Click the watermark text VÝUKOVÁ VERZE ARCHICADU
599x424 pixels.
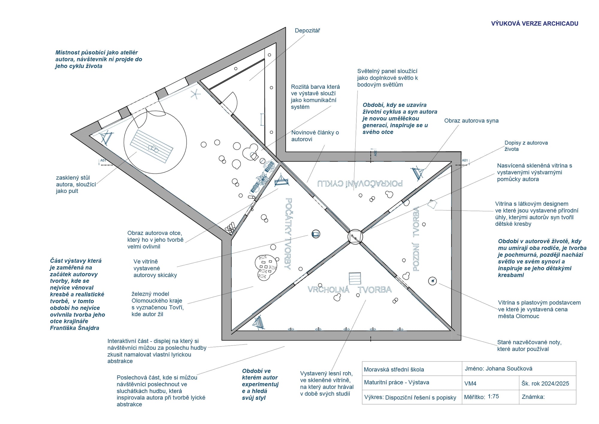pos(534,24)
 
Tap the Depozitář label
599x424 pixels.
pos(307,31)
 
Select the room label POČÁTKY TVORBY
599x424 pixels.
pos(288,233)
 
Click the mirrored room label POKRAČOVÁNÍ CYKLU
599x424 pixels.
pos(360,183)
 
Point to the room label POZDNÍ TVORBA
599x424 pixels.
pos(416,239)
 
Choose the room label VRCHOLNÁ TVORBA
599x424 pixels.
pos(350,289)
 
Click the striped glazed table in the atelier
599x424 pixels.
pos(151,146)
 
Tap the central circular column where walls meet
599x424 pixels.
pos(355,237)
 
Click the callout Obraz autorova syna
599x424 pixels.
pos(471,121)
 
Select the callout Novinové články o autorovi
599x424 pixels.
pos(315,136)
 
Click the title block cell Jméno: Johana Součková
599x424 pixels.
pos(498,369)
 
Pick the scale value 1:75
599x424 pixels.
pos(493,396)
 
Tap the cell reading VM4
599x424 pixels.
pos(470,383)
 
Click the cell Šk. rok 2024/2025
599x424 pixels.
pos(545,383)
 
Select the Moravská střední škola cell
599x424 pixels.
pos(394,369)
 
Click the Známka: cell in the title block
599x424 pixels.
pos(533,397)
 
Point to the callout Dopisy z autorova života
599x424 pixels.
pos(526,146)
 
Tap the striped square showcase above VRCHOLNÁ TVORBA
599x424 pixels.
pos(355,279)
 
